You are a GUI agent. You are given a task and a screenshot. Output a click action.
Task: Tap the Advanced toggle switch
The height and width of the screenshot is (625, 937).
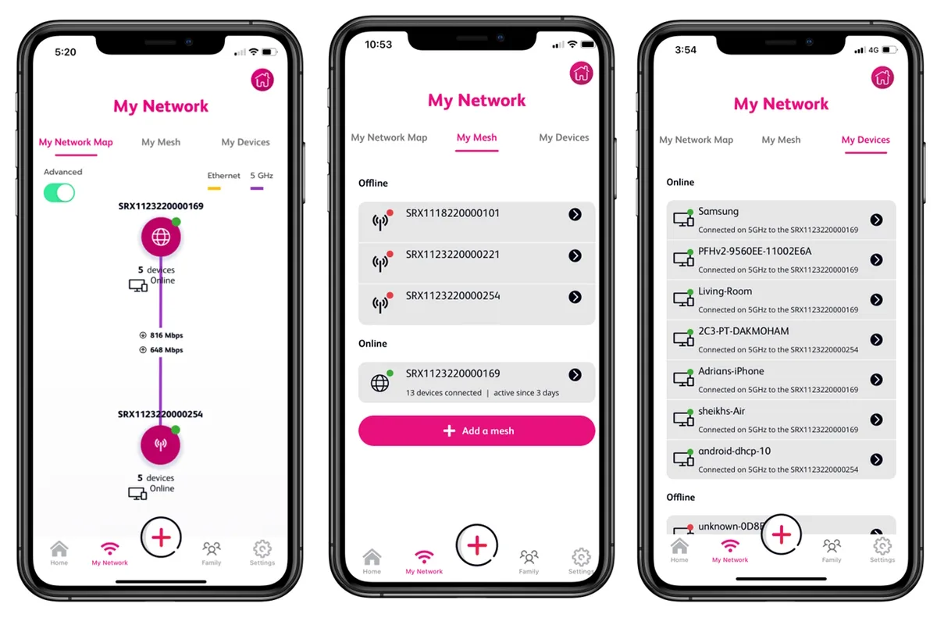click(x=59, y=193)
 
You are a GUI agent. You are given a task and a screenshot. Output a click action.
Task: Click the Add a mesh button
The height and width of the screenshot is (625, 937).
click(x=476, y=430)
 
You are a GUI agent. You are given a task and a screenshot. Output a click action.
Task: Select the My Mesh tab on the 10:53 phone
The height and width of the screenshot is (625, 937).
click(x=476, y=137)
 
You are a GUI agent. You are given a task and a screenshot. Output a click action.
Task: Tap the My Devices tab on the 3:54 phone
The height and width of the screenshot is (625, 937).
click(x=865, y=140)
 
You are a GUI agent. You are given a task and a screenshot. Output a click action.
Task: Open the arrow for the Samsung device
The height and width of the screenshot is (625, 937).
click(x=876, y=220)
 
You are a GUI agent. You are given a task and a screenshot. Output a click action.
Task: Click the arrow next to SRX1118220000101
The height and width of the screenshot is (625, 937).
click(x=575, y=214)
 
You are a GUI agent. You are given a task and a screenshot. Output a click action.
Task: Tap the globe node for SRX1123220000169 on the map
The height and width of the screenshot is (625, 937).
click(x=161, y=237)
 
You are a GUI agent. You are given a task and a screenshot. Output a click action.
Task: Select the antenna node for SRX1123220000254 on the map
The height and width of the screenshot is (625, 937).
click(x=160, y=445)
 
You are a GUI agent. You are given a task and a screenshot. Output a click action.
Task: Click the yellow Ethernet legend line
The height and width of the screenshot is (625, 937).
click(x=214, y=188)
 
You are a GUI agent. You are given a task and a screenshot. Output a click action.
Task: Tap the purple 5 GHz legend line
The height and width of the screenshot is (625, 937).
click(x=256, y=188)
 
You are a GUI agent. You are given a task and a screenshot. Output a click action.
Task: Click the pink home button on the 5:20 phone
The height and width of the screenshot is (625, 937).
click(x=262, y=80)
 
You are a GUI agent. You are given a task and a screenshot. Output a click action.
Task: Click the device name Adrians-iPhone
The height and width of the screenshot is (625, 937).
click(x=731, y=371)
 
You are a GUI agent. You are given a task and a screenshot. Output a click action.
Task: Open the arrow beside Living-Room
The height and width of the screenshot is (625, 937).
click(x=876, y=300)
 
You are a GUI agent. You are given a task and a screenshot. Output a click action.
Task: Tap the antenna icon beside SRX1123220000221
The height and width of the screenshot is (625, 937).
click(x=380, y=262)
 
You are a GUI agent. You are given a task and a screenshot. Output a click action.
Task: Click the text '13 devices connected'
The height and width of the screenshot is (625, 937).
click(x=444, y=393)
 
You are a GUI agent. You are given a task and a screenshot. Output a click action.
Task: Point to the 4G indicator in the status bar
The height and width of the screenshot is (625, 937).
click(x=874, y=50)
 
